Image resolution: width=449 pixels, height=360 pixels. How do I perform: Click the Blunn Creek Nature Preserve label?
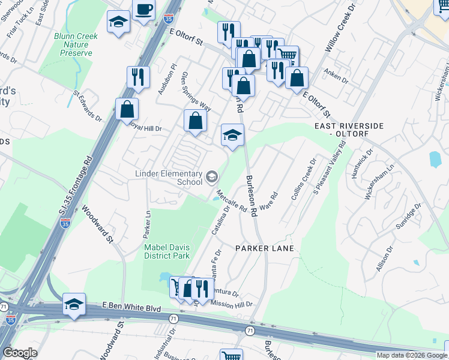click(76, 44)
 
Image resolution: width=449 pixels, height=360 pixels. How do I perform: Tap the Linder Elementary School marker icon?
click(211, 176)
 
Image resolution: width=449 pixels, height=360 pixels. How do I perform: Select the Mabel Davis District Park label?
click(166, 251)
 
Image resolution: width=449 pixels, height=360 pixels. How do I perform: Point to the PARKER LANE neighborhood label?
click(265, 248)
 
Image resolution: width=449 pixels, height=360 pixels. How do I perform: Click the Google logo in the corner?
click(19, 352)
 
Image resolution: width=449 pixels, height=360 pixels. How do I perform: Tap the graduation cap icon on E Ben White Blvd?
click(74, 304)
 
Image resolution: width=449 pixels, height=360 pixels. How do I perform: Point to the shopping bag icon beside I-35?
click(127, 109)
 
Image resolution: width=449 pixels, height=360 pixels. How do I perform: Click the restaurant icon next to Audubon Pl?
click(138, 77)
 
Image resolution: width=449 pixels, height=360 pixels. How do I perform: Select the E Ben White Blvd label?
click(131, 307)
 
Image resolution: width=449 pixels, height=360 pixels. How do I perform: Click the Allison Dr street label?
click(386, 256)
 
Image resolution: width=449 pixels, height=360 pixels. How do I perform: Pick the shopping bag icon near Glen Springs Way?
click(195, 121)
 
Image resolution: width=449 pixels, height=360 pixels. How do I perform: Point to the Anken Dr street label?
click(337, 78)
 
